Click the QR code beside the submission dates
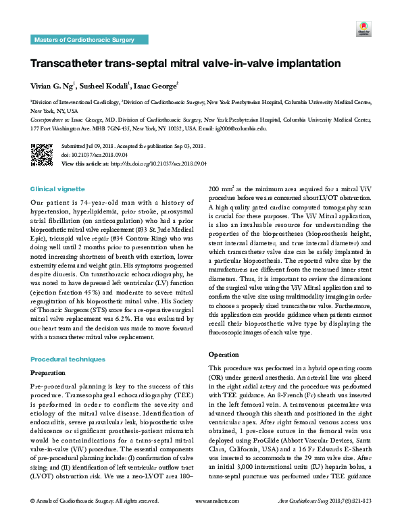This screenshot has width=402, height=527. [x=42, y=154]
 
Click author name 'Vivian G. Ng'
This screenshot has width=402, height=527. [x=53, y=86]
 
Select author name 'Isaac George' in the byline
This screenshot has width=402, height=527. [x=155, y=86]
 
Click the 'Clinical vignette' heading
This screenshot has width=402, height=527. [x=58, y=189]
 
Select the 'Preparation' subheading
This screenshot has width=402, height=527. [x=49, y=372]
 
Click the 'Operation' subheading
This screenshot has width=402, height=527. [x=222, y=353]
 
